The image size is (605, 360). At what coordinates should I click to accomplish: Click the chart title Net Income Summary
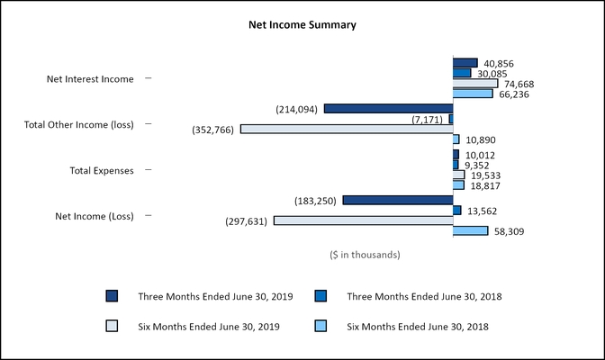pyautogui.click(x=302, y=25)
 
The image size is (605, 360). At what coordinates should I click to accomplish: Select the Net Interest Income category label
pyautogui.click(x=90, y=79)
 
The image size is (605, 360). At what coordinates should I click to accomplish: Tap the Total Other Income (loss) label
pyautogui.click(x=78, y=124)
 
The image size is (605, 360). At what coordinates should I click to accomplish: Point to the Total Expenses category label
pyautogui.click(x=102, y=170)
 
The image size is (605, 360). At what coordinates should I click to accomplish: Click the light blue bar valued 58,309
pyautogui.click(x=470, y=231)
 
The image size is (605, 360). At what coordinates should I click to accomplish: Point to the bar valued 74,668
pyautogui.click(x=474, y=84)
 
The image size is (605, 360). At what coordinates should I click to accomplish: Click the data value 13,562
pyautogui.click(x=482, y=211)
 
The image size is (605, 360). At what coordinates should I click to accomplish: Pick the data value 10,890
pyautogui.click(x=482, y=139)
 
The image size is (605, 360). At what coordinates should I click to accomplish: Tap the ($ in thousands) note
pyautogui.click(x=365, y=255)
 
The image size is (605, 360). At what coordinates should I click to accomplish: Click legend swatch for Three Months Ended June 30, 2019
pyautogui.click(x=112, y=296)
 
